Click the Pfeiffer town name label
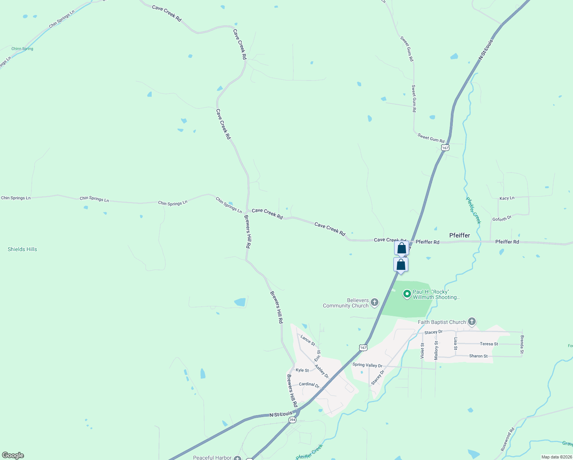coord(459,235)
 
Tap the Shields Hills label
coord(22,249)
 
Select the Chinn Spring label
coord(22,49)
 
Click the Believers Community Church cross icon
coord(375,302)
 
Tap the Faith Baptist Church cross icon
coord(472,322)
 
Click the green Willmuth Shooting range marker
coord(407,294)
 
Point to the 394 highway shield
coord(293,420)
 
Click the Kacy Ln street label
coord(507,198)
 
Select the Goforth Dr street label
coord(502,219)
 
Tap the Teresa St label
coord(489,344)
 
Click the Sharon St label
coord(478,356)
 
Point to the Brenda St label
coord(522,344)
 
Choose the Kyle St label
coord(302,370)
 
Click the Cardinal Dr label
coord(309,384)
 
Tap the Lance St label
coord(308,340)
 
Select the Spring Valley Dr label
coord(367,365)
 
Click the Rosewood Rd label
coord(508,439)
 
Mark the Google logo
coord(13,455)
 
